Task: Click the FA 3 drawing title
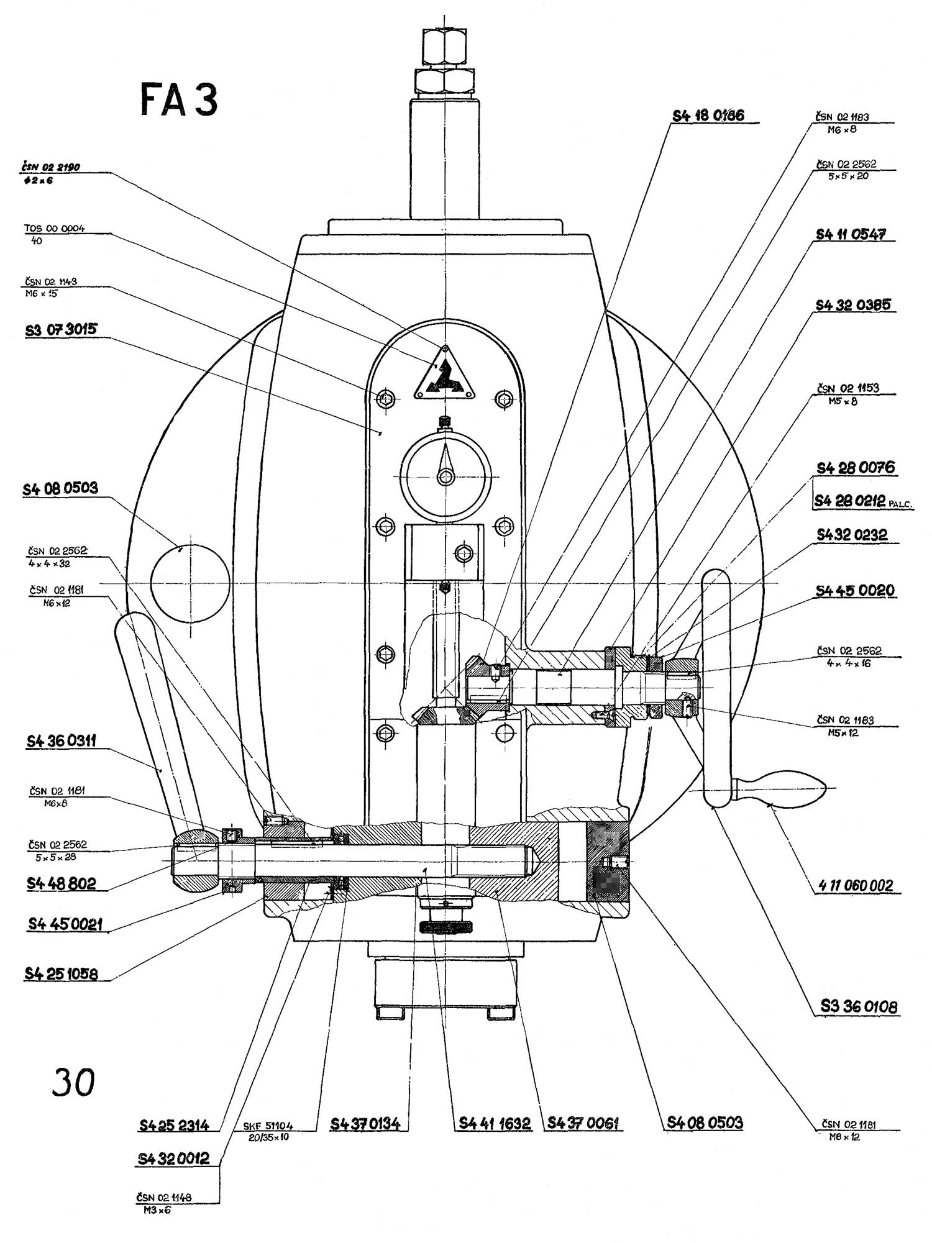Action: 180,100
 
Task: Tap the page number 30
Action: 74,1082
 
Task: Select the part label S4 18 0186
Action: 708,115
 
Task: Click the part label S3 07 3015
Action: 62,329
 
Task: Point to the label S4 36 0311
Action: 61,740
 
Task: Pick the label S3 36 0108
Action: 859,1006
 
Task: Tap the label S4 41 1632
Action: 495,1122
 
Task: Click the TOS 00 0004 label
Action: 55,228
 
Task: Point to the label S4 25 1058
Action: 62,973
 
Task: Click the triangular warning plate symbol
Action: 445,373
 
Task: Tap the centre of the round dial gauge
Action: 445,476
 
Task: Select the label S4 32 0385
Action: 853,304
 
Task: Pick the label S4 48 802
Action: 61,883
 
